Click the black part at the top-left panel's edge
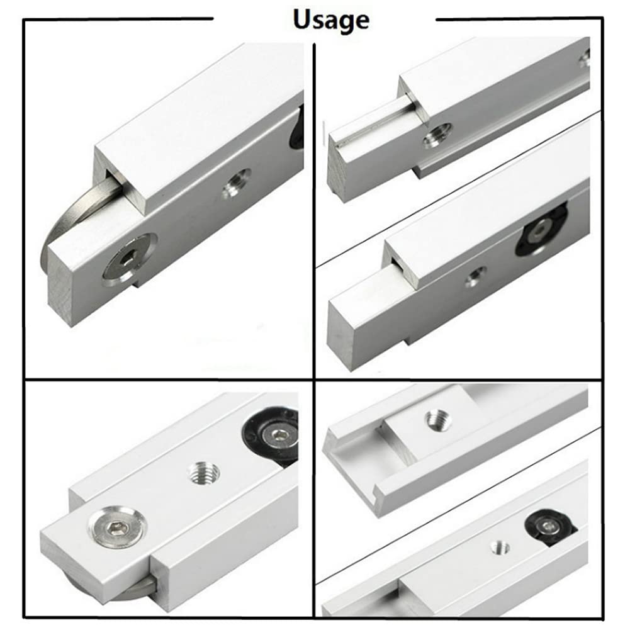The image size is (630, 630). point(297,129)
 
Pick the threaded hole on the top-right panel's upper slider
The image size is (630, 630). point(436,133)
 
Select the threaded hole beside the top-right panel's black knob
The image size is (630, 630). point(475,275)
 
